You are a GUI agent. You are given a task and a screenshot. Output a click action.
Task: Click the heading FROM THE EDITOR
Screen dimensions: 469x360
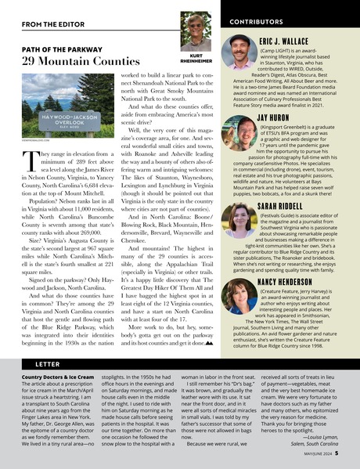45,23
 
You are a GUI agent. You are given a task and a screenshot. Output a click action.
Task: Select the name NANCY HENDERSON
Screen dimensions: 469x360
292,280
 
